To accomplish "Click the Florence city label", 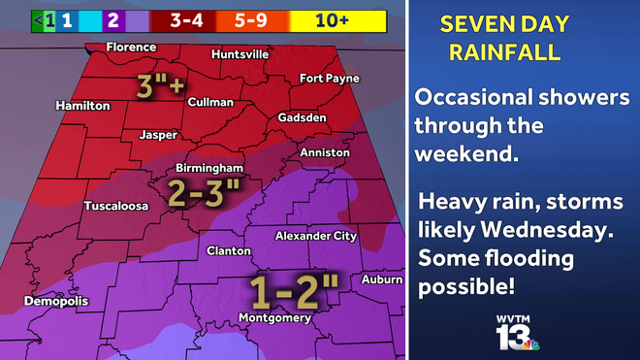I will click(131, 47).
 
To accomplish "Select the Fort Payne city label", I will click(329, 78).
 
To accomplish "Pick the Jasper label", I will click(160, 135).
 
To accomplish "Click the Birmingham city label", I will click(208, 168).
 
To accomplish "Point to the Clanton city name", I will click(230, 250).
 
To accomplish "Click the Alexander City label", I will click(316, 236).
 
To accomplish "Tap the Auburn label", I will click(382, 279).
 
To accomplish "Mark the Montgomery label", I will click(275, 317).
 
